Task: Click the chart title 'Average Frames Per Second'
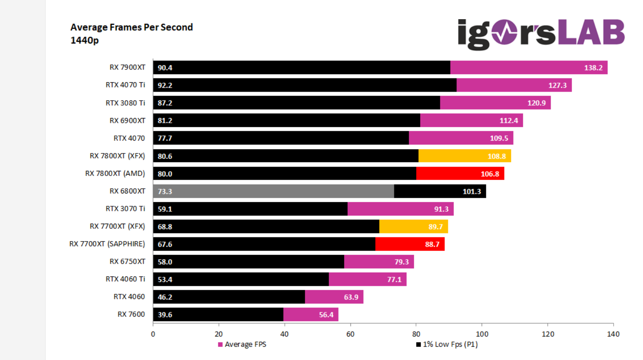coord(132,27)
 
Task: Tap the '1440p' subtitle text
coord(84,40)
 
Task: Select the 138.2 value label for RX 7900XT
coord(593,68)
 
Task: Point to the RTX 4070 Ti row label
coord(125,85)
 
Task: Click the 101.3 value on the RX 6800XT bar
coord(472,192)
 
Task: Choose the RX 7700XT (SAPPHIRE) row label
coord(107,244)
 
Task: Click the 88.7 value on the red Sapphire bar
coord(432,245)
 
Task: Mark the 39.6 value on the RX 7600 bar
coord(165,315)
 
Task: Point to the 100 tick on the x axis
coord(482,334)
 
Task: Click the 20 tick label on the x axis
coord(219,334)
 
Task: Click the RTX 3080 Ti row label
coord(125,103)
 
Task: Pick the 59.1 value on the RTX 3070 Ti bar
coord(165,209)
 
